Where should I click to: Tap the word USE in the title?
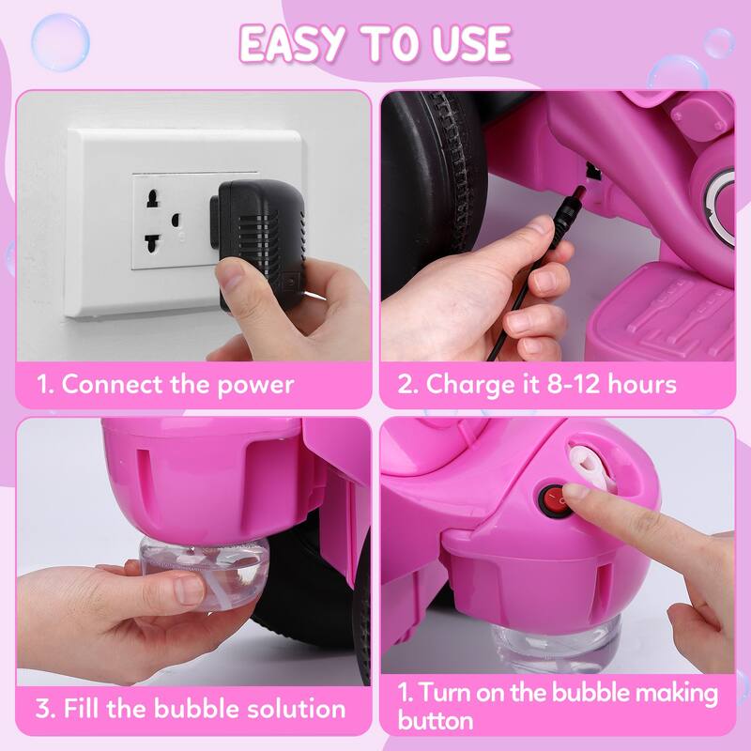point(467,43)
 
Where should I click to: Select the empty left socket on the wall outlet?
point(158,221)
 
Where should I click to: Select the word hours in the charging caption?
point(648,384)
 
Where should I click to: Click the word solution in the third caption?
point(286,708)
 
